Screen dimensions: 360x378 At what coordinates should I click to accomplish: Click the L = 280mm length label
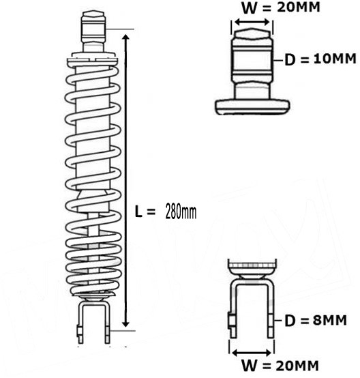166,212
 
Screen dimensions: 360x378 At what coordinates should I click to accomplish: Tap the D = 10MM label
320,59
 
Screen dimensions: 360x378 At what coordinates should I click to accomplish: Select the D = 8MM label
316,321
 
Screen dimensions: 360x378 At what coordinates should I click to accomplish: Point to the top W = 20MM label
281,8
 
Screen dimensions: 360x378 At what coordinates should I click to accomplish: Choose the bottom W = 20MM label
280,366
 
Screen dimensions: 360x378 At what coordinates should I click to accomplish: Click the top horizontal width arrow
252,23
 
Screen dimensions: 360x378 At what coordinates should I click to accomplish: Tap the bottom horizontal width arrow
252,353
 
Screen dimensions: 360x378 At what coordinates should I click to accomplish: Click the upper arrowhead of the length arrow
125,39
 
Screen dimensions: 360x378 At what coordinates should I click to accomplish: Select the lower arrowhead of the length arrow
125,323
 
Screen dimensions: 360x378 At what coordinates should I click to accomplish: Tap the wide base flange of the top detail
252,106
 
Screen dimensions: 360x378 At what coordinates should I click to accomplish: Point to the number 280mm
181,212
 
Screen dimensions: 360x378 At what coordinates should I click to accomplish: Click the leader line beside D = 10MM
277,59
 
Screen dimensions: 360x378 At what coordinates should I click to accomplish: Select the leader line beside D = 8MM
278,321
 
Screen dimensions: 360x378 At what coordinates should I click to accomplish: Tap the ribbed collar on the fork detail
252,265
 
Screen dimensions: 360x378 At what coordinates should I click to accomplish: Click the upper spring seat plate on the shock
93,60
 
